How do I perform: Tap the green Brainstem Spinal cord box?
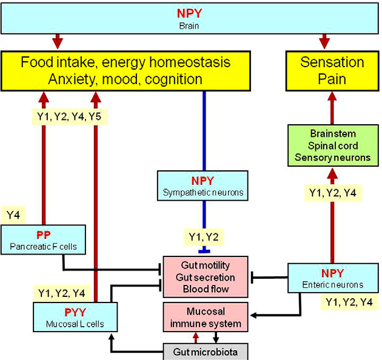[x=333, y=145]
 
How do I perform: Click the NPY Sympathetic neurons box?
[x=203, y=185]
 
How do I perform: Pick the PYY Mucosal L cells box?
[x=75, y=317]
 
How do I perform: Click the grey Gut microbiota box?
[x=206, y=351]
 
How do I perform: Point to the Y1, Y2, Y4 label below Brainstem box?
[x=332, y=194]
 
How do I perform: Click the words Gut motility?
[x=205, y=265]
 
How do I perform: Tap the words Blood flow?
[x=205, y=289]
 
